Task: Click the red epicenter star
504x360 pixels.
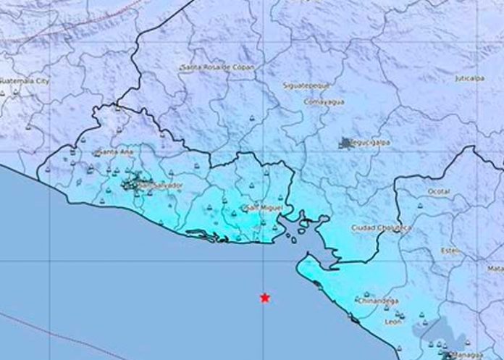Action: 266,297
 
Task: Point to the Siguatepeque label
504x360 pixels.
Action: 304,85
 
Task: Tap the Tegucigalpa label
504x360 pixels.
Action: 371,143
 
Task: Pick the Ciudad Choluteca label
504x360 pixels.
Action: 381,227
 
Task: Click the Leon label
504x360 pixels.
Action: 394,322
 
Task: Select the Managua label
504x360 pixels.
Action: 465,354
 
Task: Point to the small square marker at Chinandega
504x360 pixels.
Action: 358,297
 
